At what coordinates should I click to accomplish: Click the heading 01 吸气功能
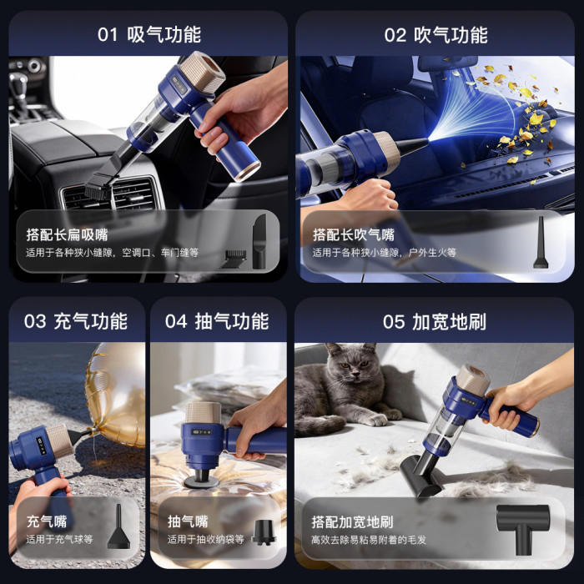click(x=149, y=35)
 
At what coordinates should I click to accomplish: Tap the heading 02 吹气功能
click(x=435, y=35)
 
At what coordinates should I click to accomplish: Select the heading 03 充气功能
click(x=76, y=321)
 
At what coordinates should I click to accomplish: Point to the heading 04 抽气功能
click(x=217, y=321)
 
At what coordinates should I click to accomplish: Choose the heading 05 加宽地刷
click(x=435, y=322)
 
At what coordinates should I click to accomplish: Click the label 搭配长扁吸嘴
click(x=67, y=235)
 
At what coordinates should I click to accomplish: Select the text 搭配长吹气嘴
click(x=354, y=235)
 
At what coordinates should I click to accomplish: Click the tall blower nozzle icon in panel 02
click(x=541, y=243)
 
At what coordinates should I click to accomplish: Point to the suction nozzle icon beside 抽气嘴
click(x=264, y=532)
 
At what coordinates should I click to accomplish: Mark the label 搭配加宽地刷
click(x=352, y=522)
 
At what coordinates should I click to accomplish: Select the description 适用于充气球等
click(x=59, y=539)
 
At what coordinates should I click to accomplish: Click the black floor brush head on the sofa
click(x=420, y=476)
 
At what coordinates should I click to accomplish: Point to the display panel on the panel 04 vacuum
click(x=201, y=432)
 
